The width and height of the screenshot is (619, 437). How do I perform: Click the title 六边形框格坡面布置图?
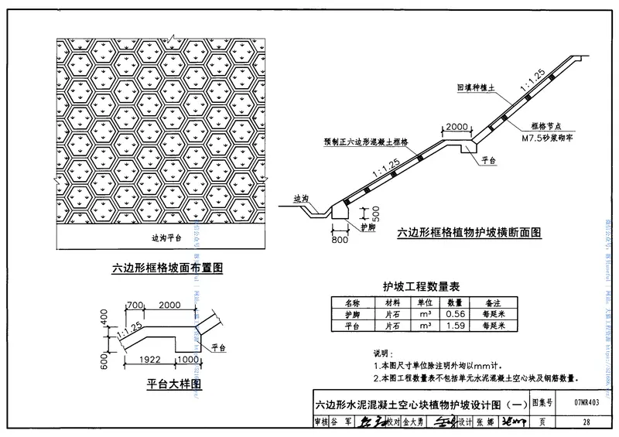167,268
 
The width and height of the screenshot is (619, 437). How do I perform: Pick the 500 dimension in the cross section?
375,212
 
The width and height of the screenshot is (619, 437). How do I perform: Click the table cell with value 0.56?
455,315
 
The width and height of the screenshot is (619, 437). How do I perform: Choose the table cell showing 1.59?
455,326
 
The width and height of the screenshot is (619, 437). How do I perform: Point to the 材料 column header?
392,303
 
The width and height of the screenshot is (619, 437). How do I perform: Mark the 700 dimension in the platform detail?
136,306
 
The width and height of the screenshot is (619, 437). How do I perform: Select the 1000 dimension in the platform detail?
188,360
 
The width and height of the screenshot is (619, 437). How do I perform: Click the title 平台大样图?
174,384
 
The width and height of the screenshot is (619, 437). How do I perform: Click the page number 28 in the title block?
587,422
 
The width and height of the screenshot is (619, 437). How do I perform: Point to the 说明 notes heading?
384,352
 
